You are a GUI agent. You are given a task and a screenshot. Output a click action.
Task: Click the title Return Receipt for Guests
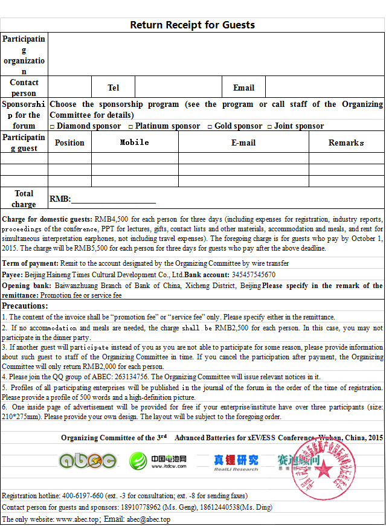click(193, 25)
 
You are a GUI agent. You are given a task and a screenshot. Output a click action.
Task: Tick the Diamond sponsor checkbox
click(52, 126)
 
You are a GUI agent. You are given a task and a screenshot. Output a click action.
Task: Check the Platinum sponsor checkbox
click(130, 126)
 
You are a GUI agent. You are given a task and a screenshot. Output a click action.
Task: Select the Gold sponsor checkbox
click(210, 126)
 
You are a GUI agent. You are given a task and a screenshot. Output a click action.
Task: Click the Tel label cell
click(113, 88)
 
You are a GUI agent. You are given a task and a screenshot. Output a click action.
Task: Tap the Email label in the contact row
click(243, 88)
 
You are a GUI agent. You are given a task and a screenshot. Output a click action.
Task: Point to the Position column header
click(69, 143)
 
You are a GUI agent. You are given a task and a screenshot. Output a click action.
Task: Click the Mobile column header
click(134, 143)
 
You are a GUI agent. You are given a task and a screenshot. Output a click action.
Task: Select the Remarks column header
click(346, 143)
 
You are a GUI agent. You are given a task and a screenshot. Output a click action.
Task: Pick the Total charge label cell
click(24, 199)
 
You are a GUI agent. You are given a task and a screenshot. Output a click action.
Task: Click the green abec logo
click(88, 461)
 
